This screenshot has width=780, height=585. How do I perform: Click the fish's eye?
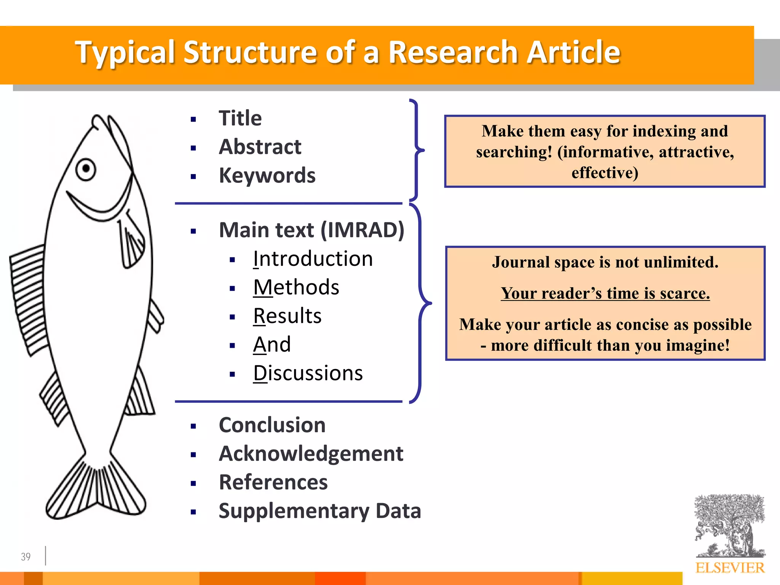86,169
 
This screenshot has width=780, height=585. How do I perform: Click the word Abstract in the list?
260,147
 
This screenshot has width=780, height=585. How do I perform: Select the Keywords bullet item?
267,176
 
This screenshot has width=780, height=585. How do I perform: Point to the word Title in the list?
240,118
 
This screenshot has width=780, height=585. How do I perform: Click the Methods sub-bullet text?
296,287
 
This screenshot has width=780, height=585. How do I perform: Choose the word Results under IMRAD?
288,316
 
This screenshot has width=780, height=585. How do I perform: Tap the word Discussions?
308,373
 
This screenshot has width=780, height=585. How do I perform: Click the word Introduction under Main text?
313,259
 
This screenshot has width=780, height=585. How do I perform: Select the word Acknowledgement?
311,454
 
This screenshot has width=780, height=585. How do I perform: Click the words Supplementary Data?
320,511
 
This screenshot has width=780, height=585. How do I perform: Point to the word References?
273,483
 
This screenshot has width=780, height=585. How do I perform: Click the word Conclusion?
272,425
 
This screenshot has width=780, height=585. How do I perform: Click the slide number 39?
26,557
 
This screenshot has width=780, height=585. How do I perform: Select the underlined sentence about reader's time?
605,293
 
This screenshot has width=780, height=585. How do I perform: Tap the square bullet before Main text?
193,231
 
